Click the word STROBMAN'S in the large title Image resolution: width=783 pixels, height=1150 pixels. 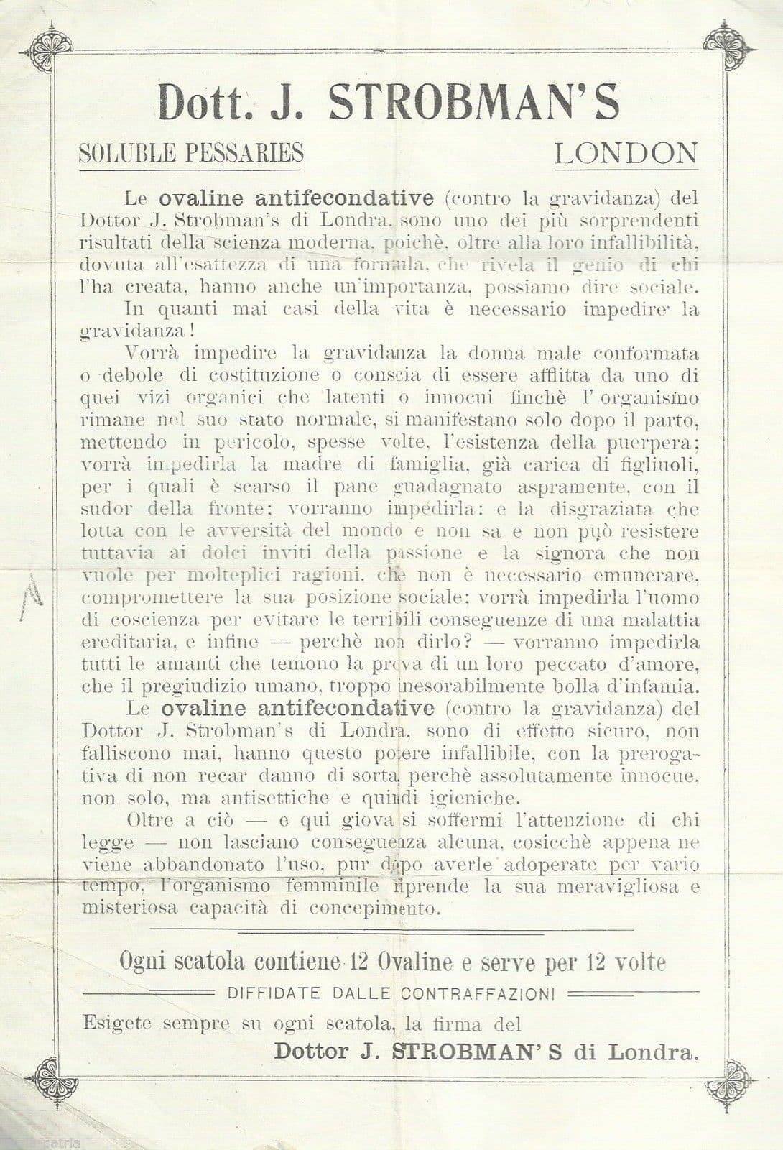(x=473, y=103)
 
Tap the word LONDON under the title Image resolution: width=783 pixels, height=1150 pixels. (x=626, y=153)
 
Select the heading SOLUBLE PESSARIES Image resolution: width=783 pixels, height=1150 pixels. (x=191, y=153)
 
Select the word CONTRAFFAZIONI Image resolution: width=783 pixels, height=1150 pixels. (x=478, y=994)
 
